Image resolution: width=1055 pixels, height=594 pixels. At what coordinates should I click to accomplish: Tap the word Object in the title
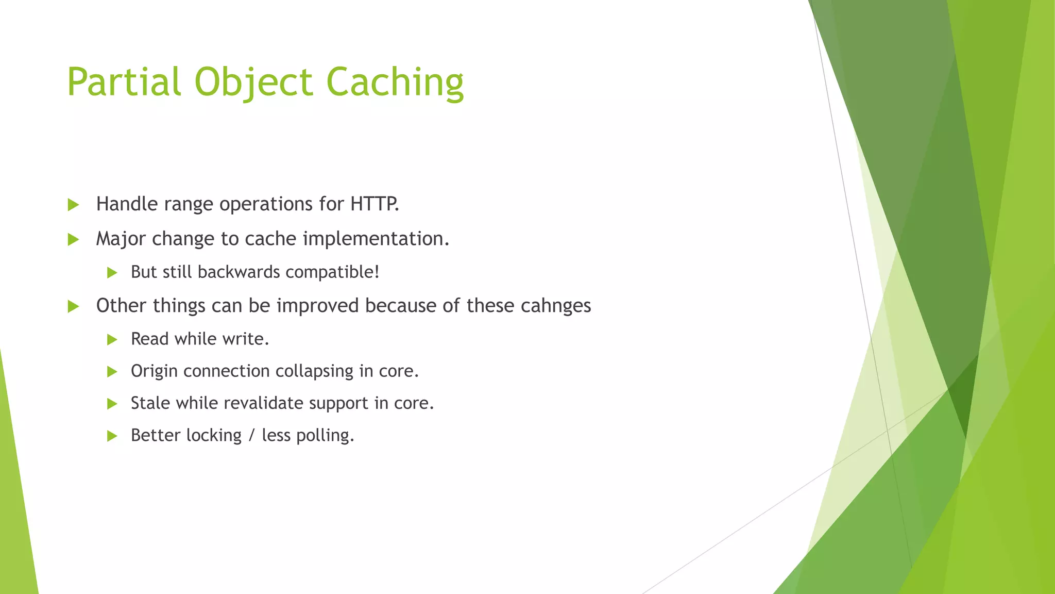pyautogui.click(x=253, y=82)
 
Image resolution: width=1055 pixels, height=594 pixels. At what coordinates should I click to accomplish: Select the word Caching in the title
pyautogui.click(x=395, y=82)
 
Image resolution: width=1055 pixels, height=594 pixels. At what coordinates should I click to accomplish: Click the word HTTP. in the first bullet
pyautogui.click(x=375, y=204)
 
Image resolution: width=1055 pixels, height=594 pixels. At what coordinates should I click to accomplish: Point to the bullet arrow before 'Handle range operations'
pyautogui.click(x=73, y=205)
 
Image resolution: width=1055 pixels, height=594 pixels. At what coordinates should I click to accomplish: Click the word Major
pyautogui.click(x=119, y=239)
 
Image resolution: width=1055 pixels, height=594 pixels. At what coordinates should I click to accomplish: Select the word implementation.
pyautogui.click(x=376, y=239)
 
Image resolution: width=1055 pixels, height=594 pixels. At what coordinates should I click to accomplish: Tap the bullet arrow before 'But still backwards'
pyautogui.click(x=112, y=273)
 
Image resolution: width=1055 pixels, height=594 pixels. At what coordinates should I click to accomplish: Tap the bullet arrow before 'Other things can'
pyautogui.click(x=73, y=306)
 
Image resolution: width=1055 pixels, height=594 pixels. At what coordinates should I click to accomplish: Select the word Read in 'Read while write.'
pyautogui.click(x=149, y=339)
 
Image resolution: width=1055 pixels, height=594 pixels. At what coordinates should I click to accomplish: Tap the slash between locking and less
pyautogui.click(x=251, y=435)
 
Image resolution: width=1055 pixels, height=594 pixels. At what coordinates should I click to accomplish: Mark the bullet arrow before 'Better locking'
pyautogui.click(x=112, y=436)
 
